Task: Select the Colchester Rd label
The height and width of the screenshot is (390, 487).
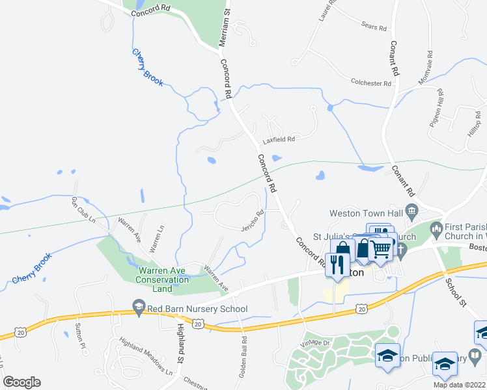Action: click(x=370, y=83)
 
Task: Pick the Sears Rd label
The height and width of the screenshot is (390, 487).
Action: click(x=374, y=27)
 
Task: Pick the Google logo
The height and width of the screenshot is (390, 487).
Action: click(x=21, y=382)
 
